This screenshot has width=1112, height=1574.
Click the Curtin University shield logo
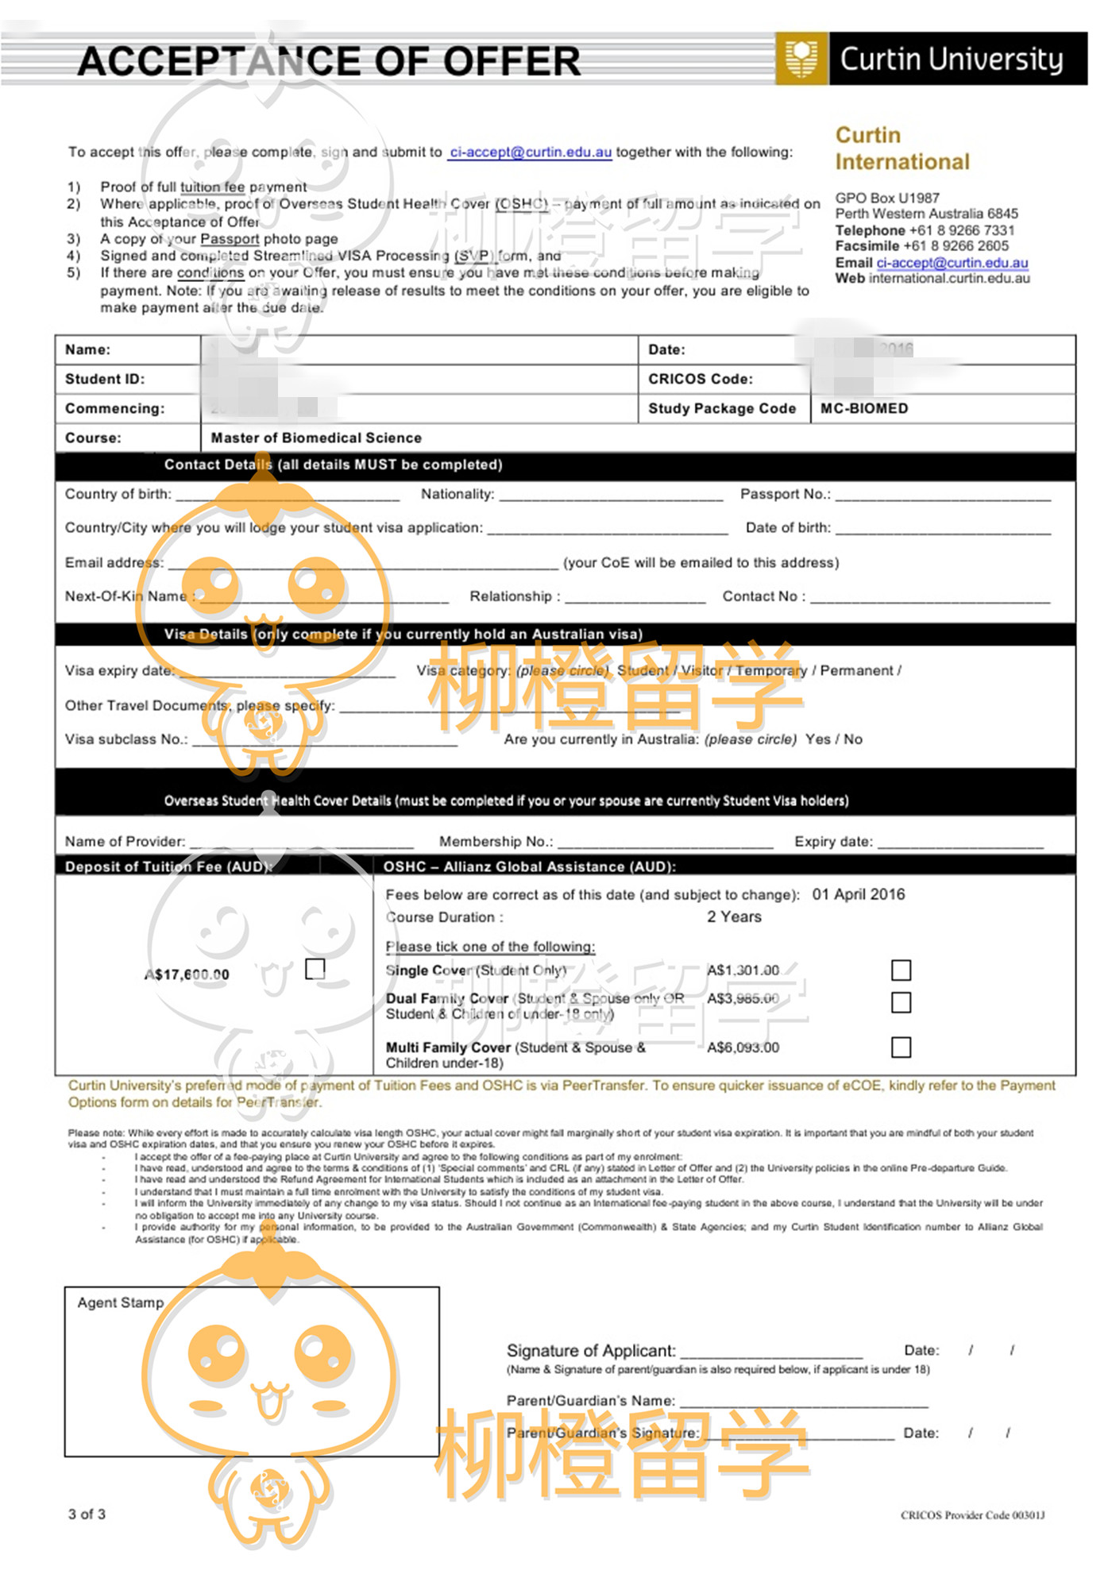[x=801, y=58]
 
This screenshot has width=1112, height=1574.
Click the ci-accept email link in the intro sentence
[x=530, y=152]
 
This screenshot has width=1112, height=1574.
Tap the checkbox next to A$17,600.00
[x=315, y=968]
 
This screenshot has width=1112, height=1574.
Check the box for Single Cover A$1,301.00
[x=901, y=970]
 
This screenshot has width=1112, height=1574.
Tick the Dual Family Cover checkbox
[x=901, y=1002]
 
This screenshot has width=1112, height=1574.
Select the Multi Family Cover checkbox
[x=901, y=1047]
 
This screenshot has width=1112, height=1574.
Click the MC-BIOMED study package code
[x=864, y=408]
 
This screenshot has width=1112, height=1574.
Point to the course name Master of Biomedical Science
[x=316, y=438]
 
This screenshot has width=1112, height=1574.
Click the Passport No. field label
[x=785, y=494]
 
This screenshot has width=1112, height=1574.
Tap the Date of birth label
[x=788, y=527]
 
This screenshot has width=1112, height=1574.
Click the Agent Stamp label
[x=120, y=1302]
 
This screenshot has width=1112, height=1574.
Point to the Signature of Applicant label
[x=591, y=1350]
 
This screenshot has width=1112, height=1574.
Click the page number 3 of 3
[x=87, y=1514]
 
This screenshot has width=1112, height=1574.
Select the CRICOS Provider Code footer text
[x=972, y=1515]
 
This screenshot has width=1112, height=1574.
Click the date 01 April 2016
[x=858, y=894]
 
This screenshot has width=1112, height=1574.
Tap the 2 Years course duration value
[x=734, y=916]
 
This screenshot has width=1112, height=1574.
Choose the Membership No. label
[x=496, y=841]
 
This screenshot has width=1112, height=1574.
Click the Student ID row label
[x=105, y=379]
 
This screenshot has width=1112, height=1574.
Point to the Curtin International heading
[x=902, y=149]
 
